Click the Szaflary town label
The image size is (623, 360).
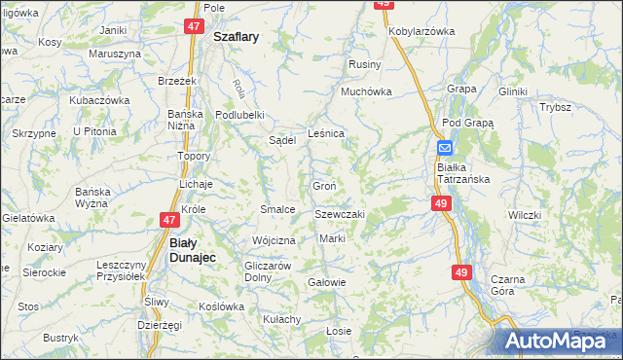[236, 37]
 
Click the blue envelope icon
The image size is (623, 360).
[444, 148]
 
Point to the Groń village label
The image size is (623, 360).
[325, 186]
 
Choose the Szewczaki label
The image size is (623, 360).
[339, 214]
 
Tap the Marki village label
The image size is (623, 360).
[332, 239]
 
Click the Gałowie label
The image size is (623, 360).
[326, 282]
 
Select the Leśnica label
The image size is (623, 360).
[326, 133]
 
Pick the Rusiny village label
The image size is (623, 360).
[365, 64]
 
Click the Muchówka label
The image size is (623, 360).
[365, 92]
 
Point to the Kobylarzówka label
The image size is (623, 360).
[422, 31]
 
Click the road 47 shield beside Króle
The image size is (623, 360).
[166, 220]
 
